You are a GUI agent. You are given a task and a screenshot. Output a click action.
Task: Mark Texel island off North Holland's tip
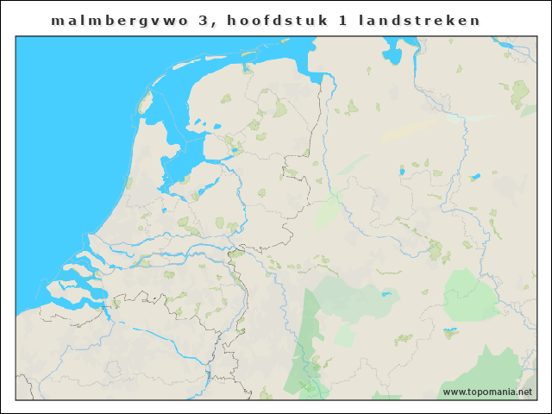click(146, 105)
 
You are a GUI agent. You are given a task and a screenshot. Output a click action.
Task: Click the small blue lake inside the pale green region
click(386, 294)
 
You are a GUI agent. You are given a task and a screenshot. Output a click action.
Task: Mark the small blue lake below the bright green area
click(449, 330)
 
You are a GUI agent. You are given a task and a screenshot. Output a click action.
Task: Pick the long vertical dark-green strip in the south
click(306, 336)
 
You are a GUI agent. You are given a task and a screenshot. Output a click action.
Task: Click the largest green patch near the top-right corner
click(520, 90)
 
